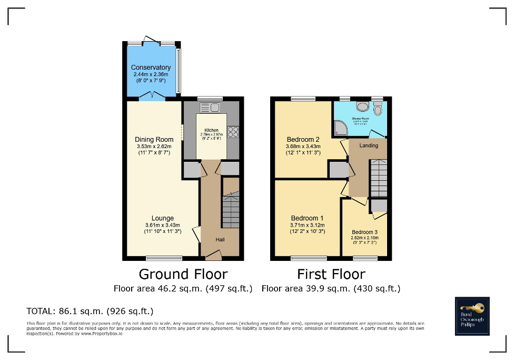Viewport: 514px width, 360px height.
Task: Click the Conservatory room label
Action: pyautogui.click(x=151, y=67)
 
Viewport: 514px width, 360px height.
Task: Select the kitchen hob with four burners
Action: pyautogui.click(x=233, y=131)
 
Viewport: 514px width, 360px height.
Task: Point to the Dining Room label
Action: pyautogui.click(x=154, y=140)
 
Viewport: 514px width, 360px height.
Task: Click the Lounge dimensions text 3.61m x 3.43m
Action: pyautogui.click(x=163, y=225)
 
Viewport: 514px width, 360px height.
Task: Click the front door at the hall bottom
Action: pyautogui.click(x=213, y=257)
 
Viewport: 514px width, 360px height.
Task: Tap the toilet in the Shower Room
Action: pyautogui.click(x=377, y=109)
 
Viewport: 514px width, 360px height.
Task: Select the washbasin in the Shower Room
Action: pyautogui.click(x=362, y=106)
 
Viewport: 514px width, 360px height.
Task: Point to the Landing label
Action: pyautogui.click(x=368, y=145)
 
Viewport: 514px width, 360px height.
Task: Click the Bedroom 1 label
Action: pyautogui.click(x=307, y=218)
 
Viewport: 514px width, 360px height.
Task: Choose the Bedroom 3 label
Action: pyautogui.click(x=364, y=232)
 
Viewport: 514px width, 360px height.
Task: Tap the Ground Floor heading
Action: pyautogui.click(x=183, y=274)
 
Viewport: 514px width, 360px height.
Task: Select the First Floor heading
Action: pyautogui.click(x=331, y=274)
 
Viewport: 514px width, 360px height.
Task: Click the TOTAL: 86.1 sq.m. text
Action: pyautogui.click(x=90, y=311)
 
